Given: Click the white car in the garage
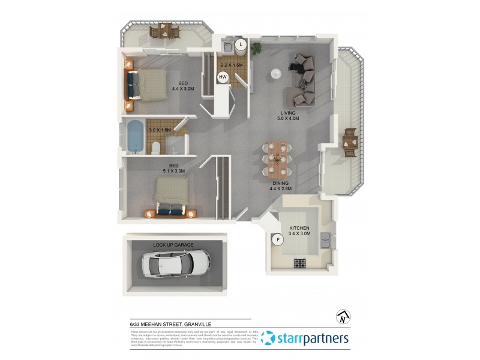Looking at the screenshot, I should [x=176, y=262].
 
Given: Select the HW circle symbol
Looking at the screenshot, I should [x=223, y=77].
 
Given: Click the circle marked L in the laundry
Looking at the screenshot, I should [x=241, y=44].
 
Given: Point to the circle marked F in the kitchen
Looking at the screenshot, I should [x=277, y=241].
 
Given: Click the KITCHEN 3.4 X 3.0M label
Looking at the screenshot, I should [x=299, y=232].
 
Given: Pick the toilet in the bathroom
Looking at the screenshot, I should [x=155, y=148].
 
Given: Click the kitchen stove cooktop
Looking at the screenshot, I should [x=299, y=263].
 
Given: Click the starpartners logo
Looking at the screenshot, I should [x=306, y=339].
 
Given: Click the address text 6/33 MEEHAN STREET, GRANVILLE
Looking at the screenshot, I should [x=166, y=324].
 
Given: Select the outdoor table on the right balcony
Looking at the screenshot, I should [x=350, y=142].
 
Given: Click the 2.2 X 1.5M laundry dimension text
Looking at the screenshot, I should [x=232, y=65].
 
